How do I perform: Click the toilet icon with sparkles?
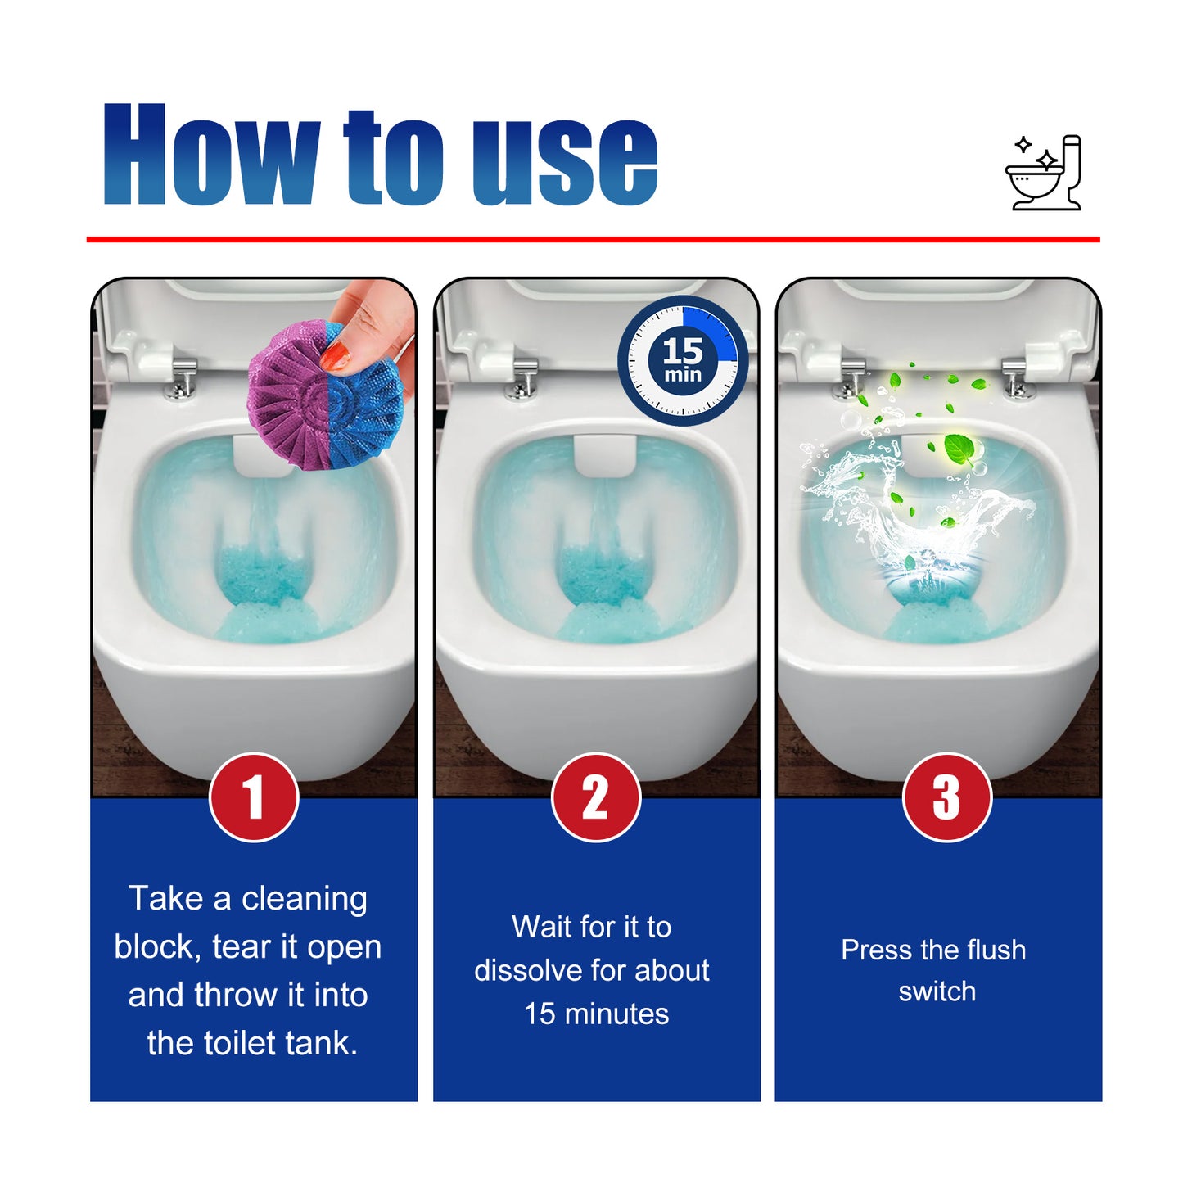click(1044, 173)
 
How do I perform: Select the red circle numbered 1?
click(254, 797)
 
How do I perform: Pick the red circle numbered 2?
click(596, 797)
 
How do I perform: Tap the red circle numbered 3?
click(946, 797)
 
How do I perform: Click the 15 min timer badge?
click(683, 360)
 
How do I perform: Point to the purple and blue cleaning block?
click(326, 396)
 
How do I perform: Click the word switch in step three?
click(937, 991)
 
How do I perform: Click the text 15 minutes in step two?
click(596, 1014)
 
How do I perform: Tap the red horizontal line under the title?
click(593, 239)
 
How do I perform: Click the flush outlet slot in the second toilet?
click(605, 456)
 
